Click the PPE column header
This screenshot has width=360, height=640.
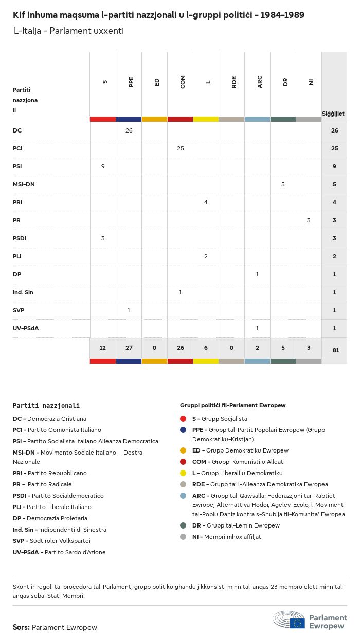(x=131, y=81)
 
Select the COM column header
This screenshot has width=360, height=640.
(x=183, y=81)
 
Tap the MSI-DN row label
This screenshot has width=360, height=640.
(x=24, y=184)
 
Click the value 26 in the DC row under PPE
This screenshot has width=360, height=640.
(x=129, y=130)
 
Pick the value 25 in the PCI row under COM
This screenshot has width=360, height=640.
(x=180, y=148)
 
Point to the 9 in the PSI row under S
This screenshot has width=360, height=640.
(x=103, y=166)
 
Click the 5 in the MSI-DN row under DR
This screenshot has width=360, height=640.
(x=283, y=184)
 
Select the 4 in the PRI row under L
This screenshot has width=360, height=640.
(x=206, y=202)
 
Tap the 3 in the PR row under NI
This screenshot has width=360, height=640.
(x=309, y=220)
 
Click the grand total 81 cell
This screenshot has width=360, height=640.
(x=334, y=350)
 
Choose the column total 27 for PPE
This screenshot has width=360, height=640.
(x=129, y=348)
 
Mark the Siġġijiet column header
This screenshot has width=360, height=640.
(x=333, y=114)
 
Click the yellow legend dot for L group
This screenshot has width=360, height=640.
(x=183, y=473)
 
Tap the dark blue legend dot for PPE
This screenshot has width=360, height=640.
(x=183, y=430)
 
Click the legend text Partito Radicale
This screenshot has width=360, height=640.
(x=50, y=484)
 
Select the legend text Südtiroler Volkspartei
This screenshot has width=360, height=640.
(x=59, y=541)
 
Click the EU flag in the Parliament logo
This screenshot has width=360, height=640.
(x=297, y=623)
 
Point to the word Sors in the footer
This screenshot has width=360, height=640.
(x=21, y=627)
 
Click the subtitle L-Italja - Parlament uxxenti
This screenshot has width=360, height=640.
(x=69, y=31)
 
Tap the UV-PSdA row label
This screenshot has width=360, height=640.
(x=26, y=328)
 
